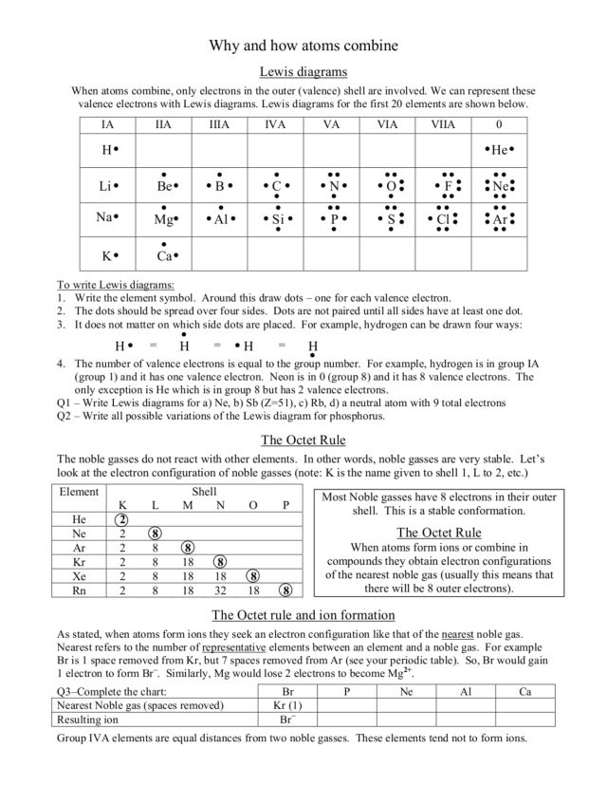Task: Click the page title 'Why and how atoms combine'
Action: [x=303, y=45]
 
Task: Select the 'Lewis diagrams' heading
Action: [x=303, y=71]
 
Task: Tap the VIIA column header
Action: [x=444, y=124]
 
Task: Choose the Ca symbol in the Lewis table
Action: [x=164, y=255]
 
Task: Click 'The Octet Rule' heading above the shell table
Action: [x=303, y=440]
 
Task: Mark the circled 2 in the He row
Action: [x=121, y=519]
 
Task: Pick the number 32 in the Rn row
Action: [x=219, y=590]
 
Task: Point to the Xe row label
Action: [x=79, y=576]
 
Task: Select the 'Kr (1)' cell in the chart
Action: [x=287, y=706]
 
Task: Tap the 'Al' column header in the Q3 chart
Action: [x=466, y=692]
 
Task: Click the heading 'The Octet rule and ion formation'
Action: [x=303, y=612]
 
